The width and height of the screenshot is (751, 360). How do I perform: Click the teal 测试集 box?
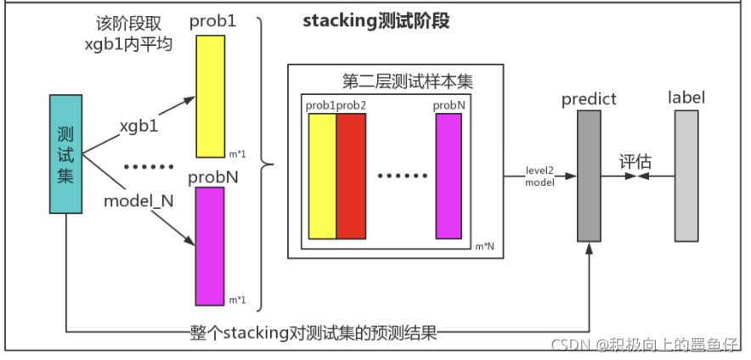point(66,155)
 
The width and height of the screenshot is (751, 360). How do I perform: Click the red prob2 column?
point(351,176)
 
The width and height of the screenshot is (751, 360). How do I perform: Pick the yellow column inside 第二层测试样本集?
point(322,176)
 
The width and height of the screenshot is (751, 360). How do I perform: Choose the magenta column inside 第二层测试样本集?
point(449,176)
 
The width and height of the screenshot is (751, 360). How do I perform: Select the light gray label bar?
point(686,176)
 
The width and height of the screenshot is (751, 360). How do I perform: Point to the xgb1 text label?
point(139,125)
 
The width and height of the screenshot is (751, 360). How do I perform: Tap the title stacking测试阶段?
point(375,22)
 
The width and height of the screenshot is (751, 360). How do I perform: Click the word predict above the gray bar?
point(589,99)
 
